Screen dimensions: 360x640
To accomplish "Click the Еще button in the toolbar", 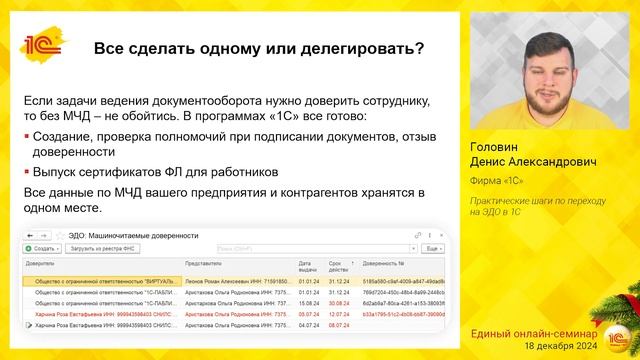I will [432, 247].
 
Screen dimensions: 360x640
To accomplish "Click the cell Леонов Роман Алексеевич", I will [215, 282].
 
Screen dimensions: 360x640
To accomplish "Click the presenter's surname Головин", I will [496, 147].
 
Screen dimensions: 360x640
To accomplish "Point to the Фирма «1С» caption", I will [500, 181].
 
